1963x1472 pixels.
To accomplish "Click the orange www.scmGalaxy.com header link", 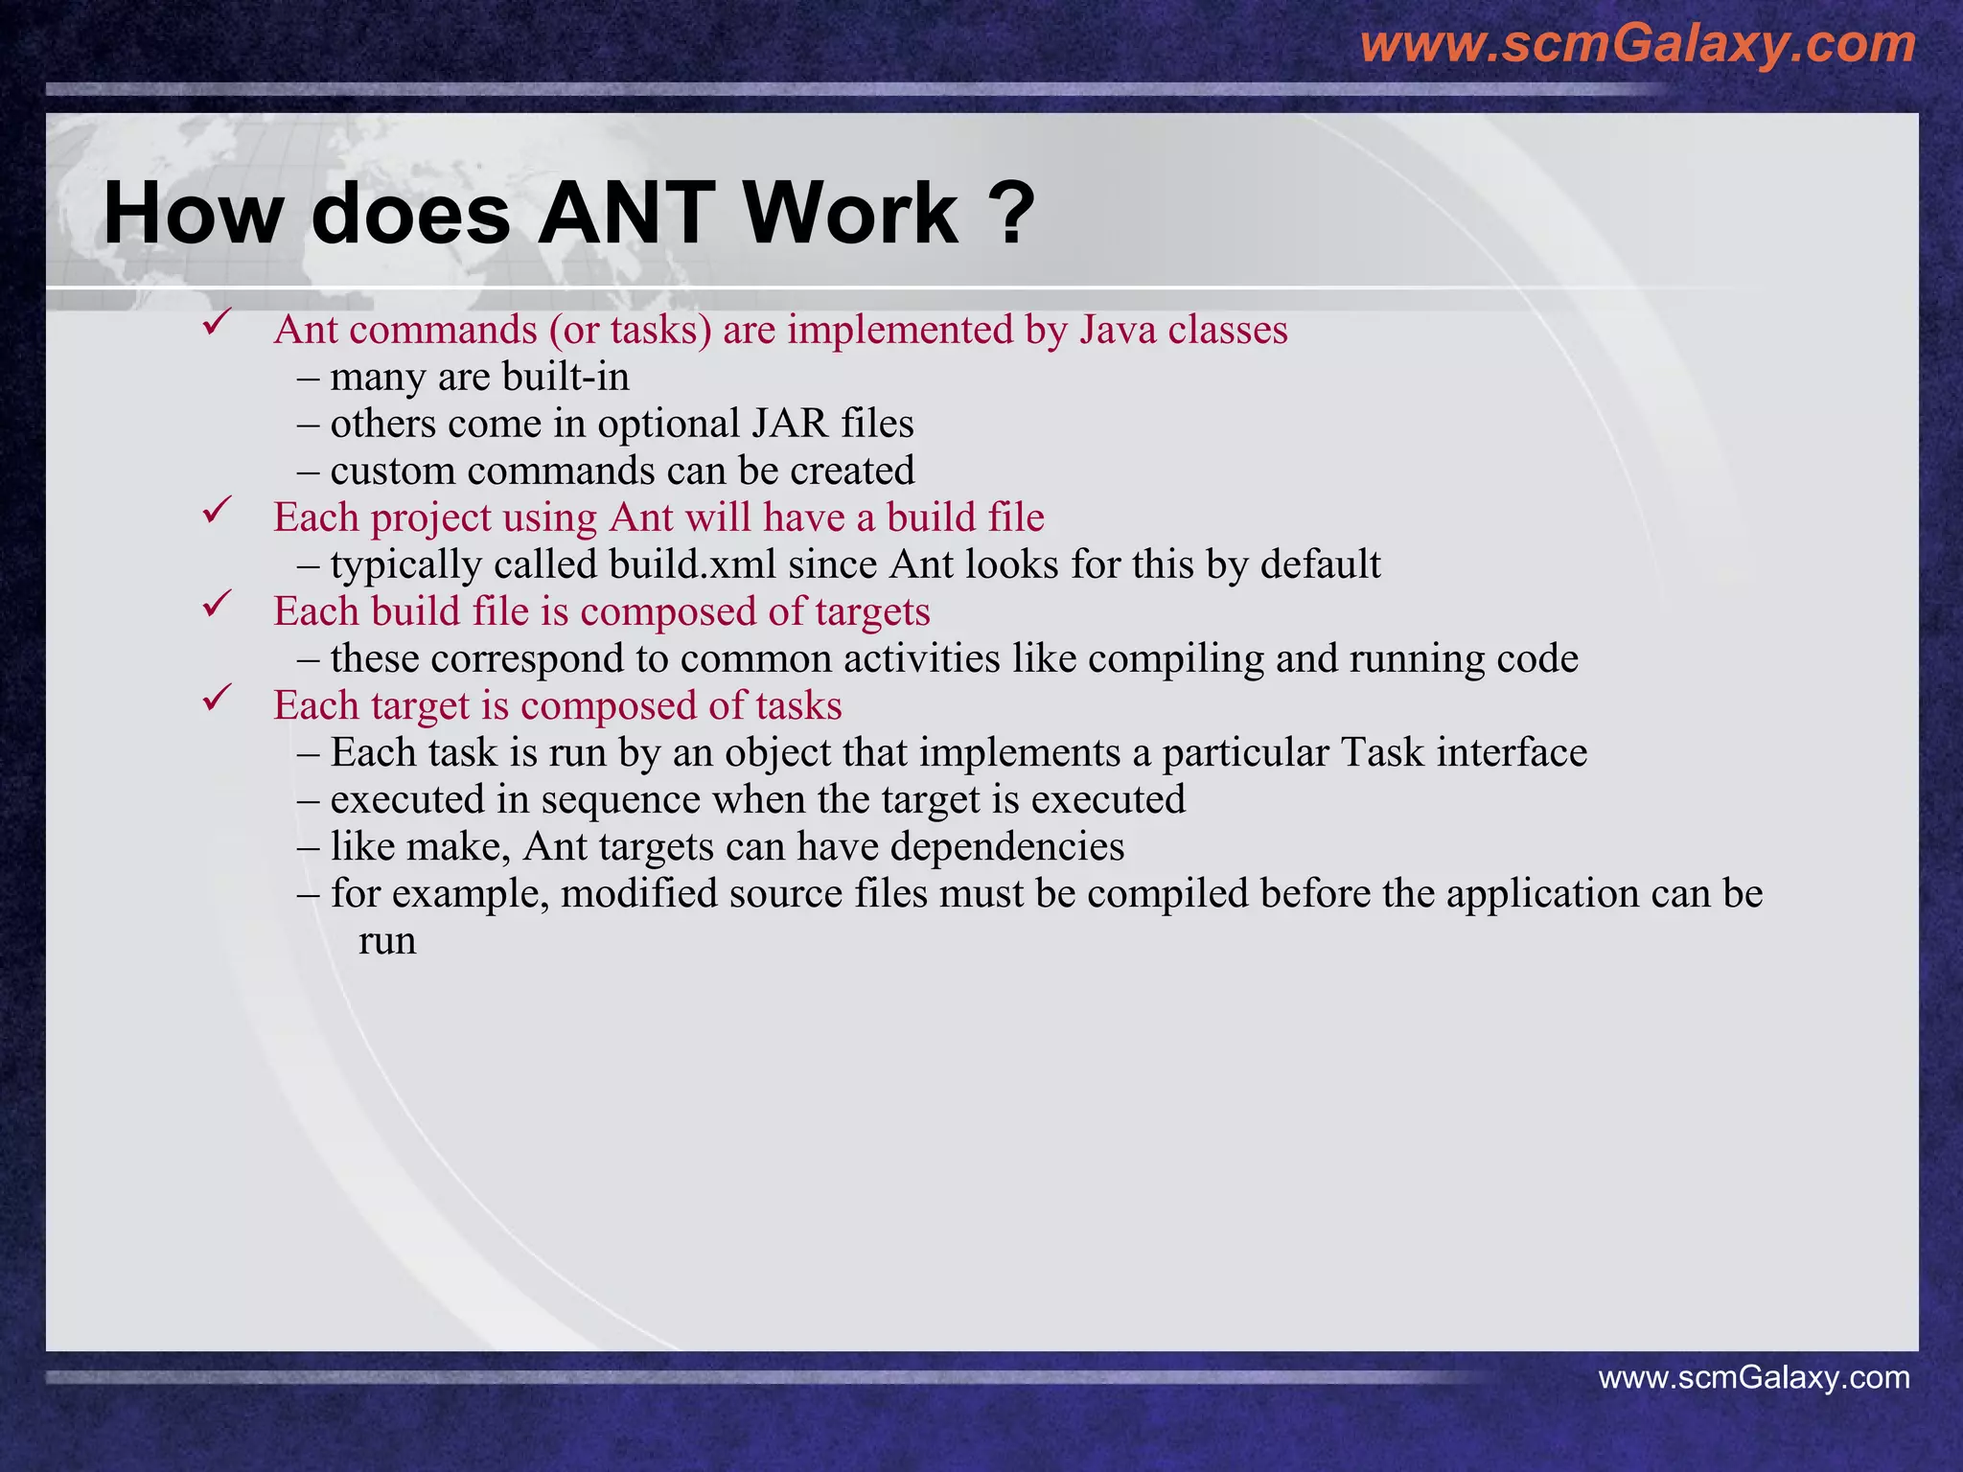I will pyautogui.click(x=1637, y=44).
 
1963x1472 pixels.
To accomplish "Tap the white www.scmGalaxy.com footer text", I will pyautogui.click(x=1753, y=1378).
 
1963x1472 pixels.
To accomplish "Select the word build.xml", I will pyautogui.click(x=692, y=565).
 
